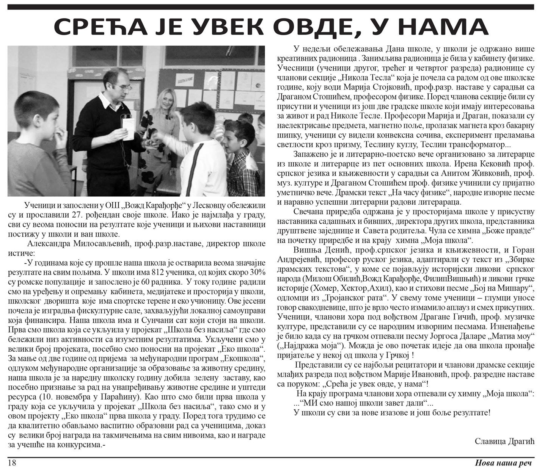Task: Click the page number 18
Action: (12, 463)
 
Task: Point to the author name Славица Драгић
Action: (504, 441)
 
